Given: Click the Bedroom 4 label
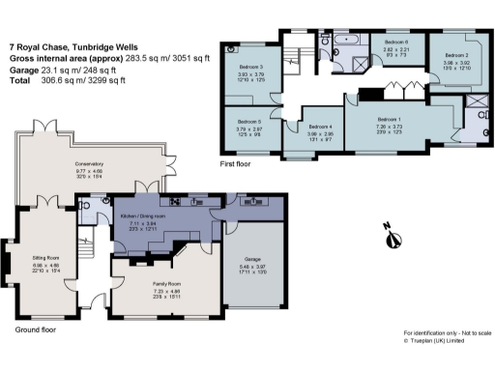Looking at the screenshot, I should [321, 127].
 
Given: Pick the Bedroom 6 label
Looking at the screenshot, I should [396, 43].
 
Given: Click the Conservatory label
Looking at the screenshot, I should [90, 164].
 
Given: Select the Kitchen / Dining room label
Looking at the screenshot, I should [142, 215].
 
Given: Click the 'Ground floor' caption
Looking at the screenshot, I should [37, 329].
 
